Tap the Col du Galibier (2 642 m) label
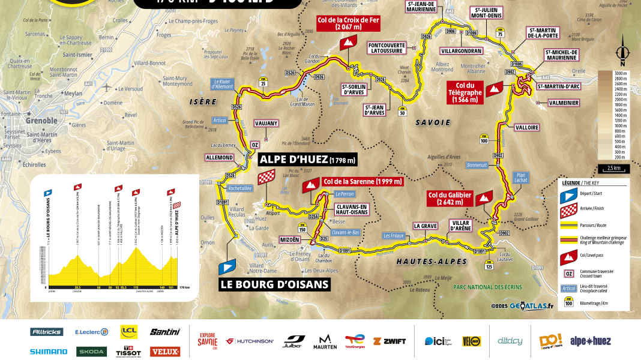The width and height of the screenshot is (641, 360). pos(450,199)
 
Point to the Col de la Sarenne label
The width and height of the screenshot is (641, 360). pos(362,181)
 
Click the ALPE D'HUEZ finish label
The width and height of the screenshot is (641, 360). pos(308,160)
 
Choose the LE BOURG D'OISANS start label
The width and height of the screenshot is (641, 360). pos(283,284)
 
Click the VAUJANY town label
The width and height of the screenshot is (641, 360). pos(266,123)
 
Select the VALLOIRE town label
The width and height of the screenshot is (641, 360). pos(526,127)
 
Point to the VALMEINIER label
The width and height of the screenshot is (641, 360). pos(564,103)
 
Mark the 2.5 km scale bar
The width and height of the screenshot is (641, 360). pos(613,168)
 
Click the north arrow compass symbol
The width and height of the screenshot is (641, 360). pos(624,51)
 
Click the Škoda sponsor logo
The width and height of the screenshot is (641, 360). pos(91,352)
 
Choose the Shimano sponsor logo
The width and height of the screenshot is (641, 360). pos(49,352)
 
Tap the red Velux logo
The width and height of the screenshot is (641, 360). pos(164,352)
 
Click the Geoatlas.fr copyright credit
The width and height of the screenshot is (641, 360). pos(522,306)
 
